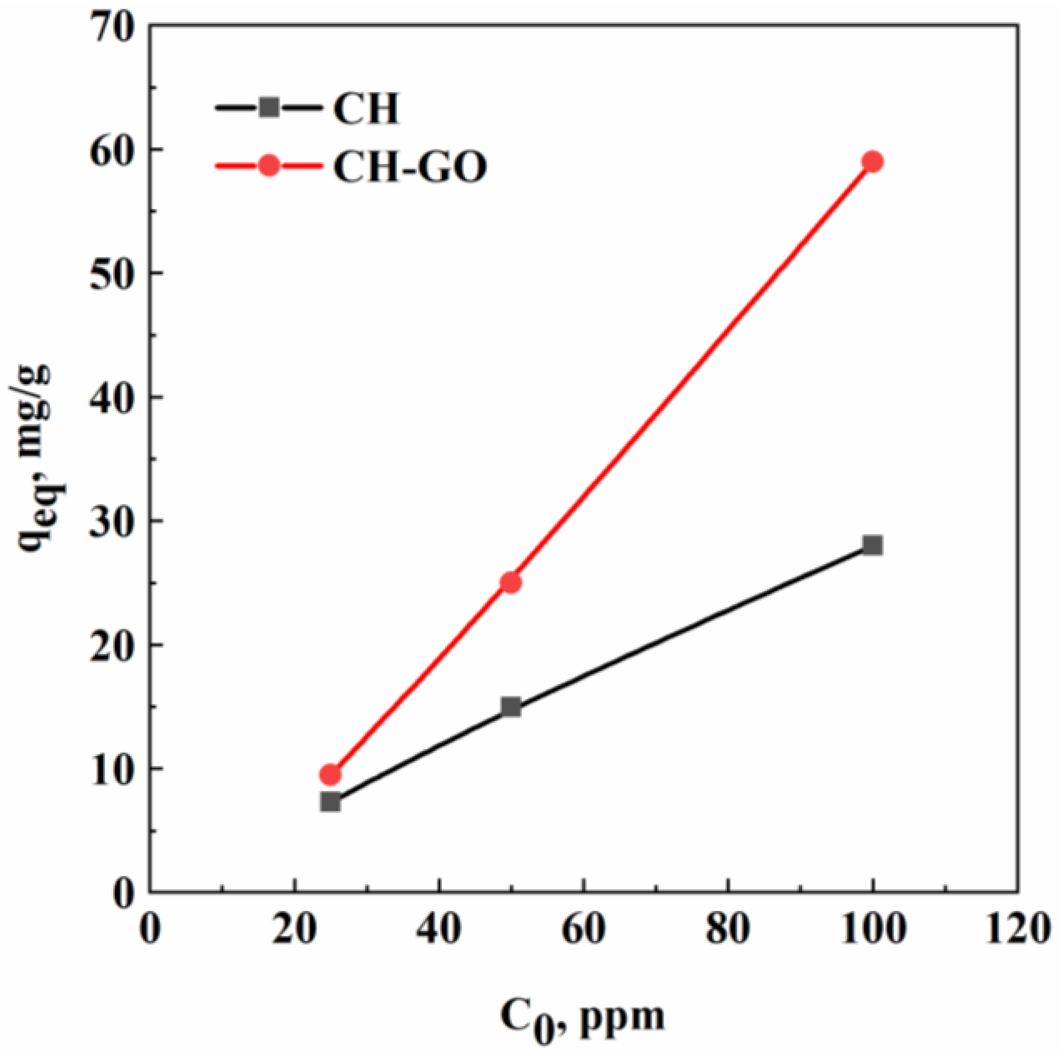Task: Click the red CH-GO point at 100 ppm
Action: (x=873, y=162)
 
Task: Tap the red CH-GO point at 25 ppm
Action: (x=330, y=774)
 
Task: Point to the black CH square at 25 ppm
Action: (x=330, y=802)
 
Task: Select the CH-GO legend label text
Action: (x=410, y=167)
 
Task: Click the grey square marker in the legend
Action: (x=270, y=107)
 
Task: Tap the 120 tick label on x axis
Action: (x=1017, y=929)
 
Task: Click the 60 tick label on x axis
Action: (x=583, y=929)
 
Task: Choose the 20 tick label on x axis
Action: (x=294, y=929)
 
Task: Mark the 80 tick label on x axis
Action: (x=728, y=929)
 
